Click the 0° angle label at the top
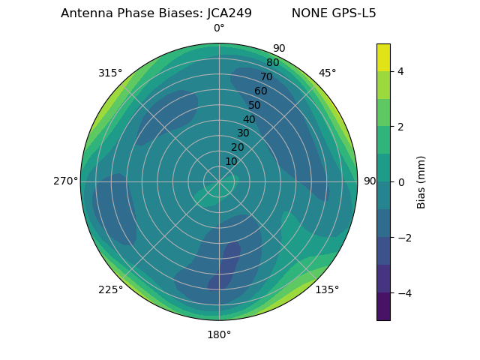(x=219, y=28)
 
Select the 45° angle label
(x=327, y=73)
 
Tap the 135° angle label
(x=327, y=289)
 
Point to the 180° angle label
(x=219, y=334)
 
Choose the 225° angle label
(x=110, y=289)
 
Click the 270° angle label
(x=66, y=181)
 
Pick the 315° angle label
(x=110, y=73)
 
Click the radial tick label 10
(x=231, y=161)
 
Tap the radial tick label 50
(x=254, y=106)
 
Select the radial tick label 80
(x=272, y=63)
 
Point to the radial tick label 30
(x=243, y=133)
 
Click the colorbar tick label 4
(x=400, y=71)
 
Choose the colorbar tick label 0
(x=400, y=181)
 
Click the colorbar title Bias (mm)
(x=421, y=181)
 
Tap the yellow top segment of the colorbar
(x=383, y=57)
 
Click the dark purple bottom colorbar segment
(x=383, y=306)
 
